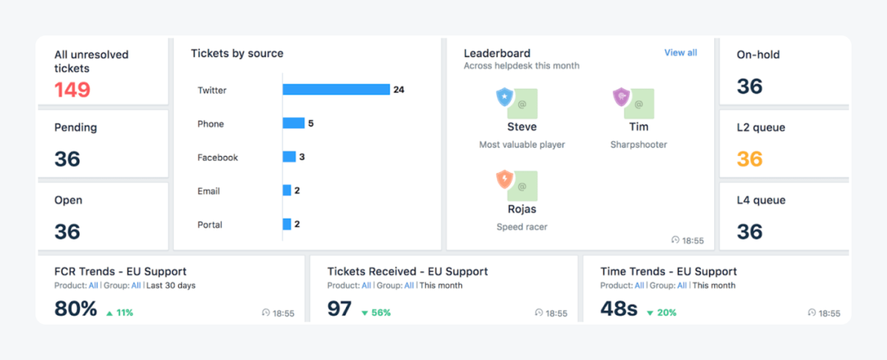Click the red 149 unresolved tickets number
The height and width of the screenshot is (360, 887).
coord(72,90)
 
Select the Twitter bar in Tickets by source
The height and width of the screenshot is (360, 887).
coord(336,89)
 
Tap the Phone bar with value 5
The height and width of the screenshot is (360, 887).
coord(293,123)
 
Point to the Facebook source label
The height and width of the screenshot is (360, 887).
coord(217,157)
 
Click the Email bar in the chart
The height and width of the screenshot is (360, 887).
coord(287,191)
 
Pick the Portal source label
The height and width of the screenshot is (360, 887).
coord(210,225)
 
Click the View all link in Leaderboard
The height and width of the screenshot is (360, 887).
coord(680,52)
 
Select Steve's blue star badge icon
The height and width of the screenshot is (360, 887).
coord(504,97)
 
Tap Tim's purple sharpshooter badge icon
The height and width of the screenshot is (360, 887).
coord(621,97)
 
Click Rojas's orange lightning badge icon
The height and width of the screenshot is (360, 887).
coord(504,179)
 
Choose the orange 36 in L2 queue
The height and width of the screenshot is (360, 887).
coord(750,159)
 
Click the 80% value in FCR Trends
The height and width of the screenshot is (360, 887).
coord(75,308)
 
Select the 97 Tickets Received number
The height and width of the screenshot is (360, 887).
coord(339,308)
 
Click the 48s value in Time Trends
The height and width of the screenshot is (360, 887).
coord(619,308)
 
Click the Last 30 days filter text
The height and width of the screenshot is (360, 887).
coord(171,285)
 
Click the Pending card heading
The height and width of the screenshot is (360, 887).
coord(75,127)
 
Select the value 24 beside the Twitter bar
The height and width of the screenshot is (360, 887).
coord(399,89)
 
